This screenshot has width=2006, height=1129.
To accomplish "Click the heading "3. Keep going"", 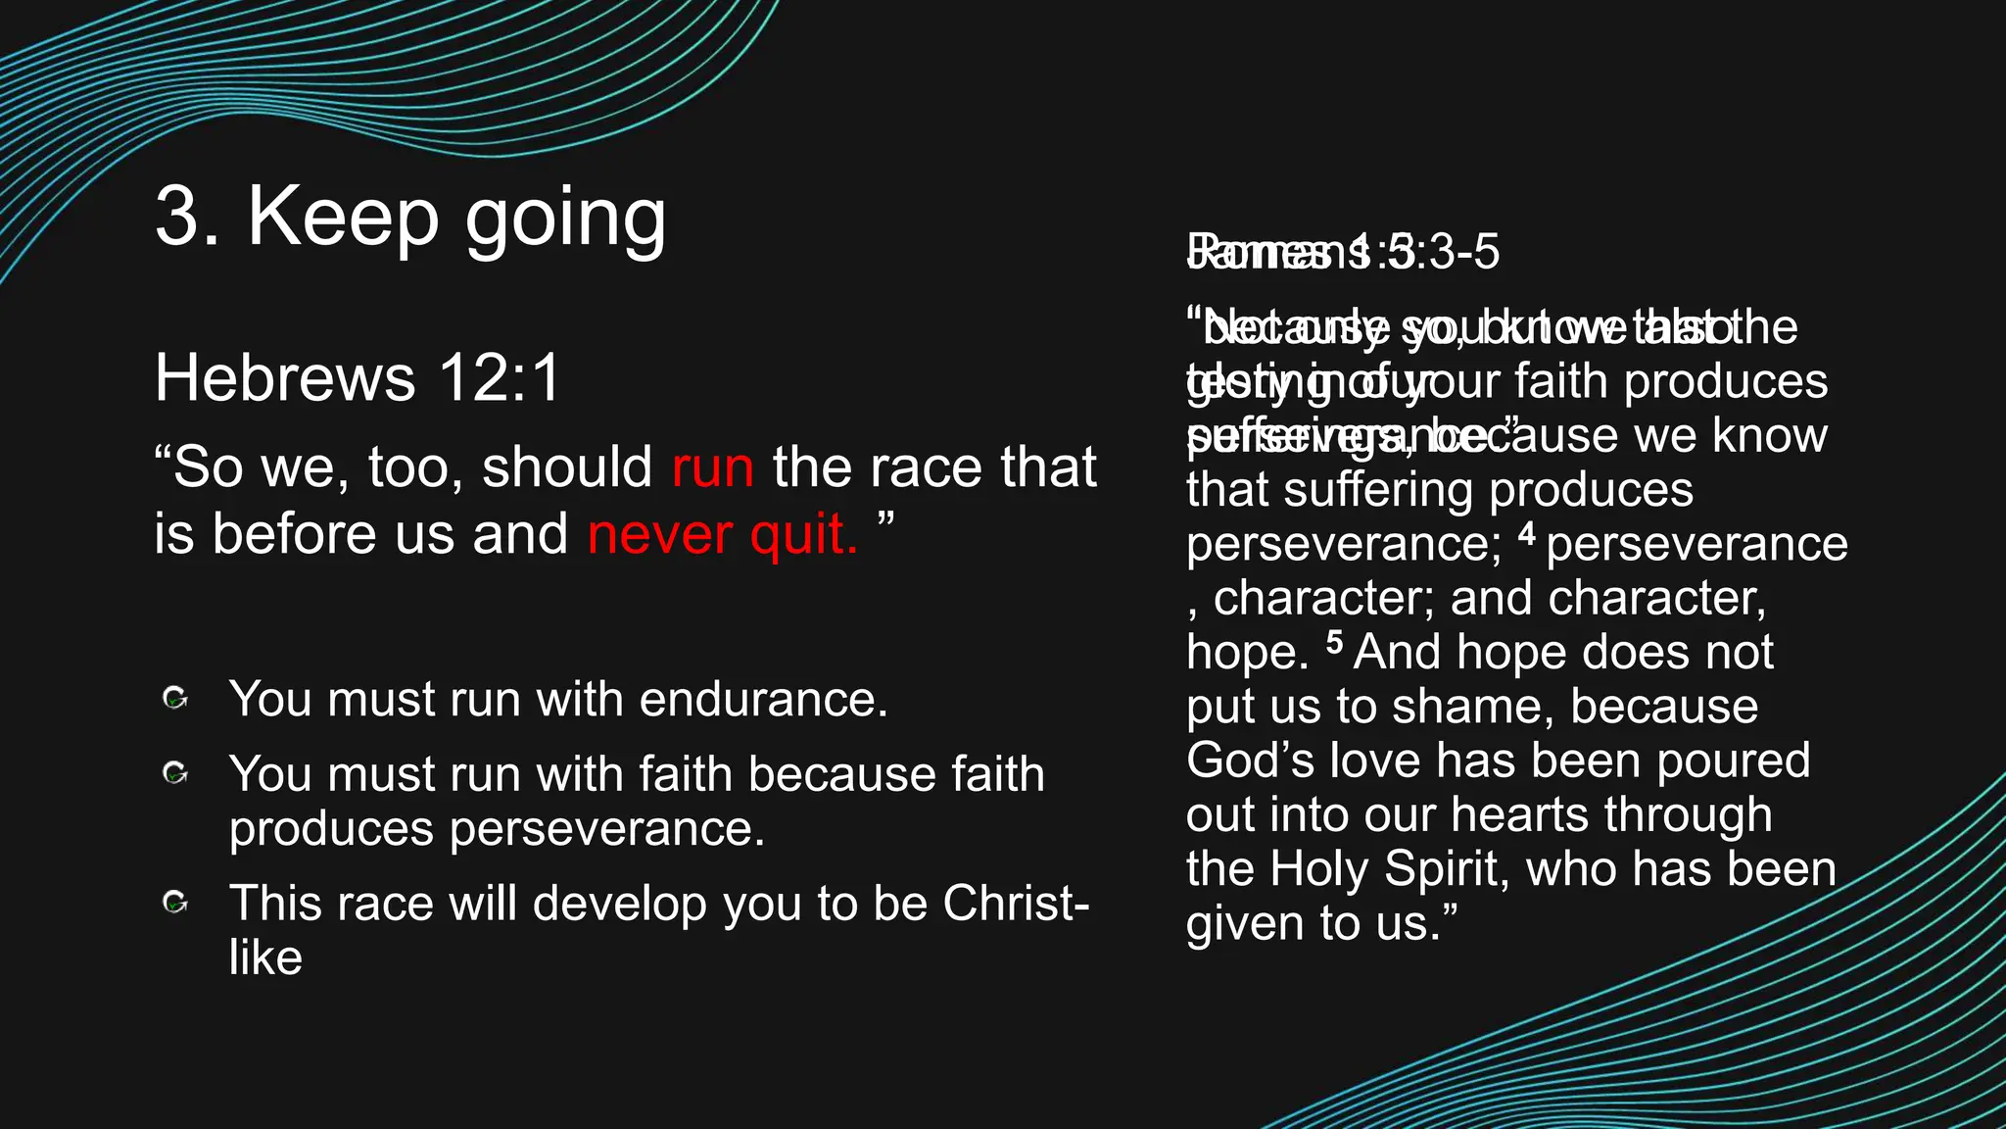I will tap(410, 218).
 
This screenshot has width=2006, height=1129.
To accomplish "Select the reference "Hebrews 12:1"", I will tap(357, 378).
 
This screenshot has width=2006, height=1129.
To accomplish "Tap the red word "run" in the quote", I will tap(713, 467).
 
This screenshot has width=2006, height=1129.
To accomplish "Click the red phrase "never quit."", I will tap(723, 535).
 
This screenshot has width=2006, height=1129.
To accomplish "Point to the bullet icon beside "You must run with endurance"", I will tap(175, 699).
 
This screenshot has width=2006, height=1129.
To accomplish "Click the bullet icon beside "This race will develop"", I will tap(175, 903).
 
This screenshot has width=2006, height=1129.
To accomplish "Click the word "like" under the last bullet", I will tap(265, 957).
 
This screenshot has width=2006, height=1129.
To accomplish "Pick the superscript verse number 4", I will tap(1527, 534).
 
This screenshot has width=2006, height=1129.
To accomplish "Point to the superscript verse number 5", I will tap(1334, 642).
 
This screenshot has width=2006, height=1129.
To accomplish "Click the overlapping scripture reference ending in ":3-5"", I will tap(1342, 252).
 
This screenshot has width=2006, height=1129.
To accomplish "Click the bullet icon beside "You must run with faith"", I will tap(175, 774).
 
